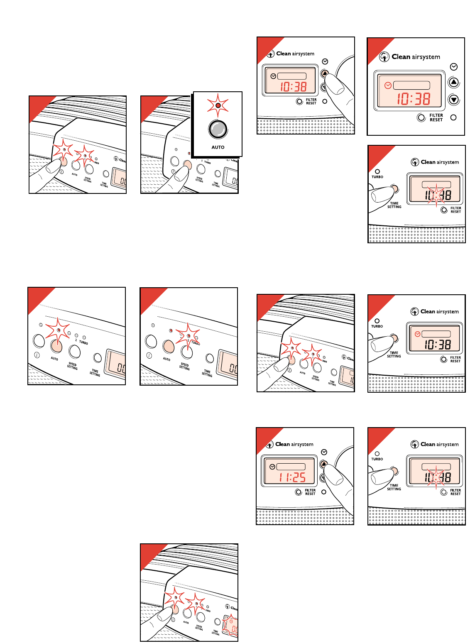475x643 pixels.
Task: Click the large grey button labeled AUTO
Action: pyautogui.click(x=218, y=129)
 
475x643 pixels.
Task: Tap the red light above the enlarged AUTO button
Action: pyautogui.click(x=218, y=105)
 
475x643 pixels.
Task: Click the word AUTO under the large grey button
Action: pyautogui.click(x=218, y=147)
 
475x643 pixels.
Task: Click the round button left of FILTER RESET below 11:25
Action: pyautogui.click(x=298, y=492)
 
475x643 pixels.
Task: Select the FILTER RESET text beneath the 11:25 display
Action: pyautogui.click(x=310, y=492)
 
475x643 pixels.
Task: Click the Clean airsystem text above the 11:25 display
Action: pyautogui.click(x=294, y=444)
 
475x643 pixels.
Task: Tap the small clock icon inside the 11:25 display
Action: pyautogui.click(x=272, y=467)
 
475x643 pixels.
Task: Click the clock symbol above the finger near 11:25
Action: pyautogui.click(x=324, y=452)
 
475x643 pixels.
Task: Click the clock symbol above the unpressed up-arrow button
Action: pyautogui.click(x=454, y=67)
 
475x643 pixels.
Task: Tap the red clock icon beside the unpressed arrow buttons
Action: pyautogui.click(x=388, y=86)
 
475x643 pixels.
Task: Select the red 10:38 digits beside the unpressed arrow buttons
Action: pyautogui.click(x=413, y=99)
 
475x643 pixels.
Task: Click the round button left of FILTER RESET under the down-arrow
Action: pyautogui.click(x=421, y=117)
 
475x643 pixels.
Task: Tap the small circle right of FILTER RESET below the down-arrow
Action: pyautogui.click(x=453, y=117)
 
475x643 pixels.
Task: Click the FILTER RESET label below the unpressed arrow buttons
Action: pyautogui.click(x=436, y=117)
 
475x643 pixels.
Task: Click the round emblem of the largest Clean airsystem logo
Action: pyautogui.click(x=384, y=57)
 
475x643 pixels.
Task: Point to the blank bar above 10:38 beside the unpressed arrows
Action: pyautogui.click(x=411, y=85)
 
